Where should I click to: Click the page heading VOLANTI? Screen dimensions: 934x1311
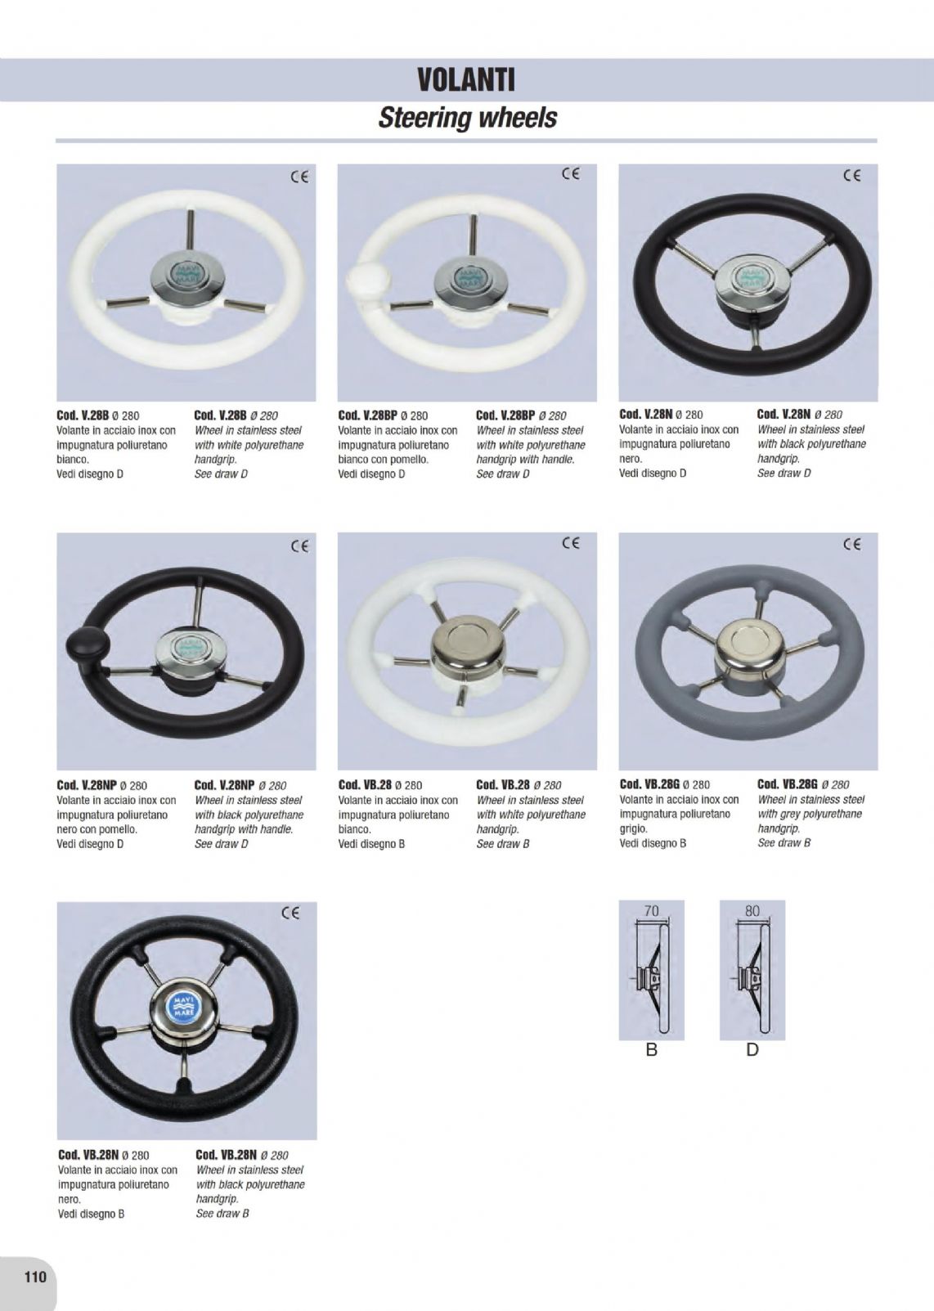point(466,80)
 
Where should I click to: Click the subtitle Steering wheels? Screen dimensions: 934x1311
point(467,117)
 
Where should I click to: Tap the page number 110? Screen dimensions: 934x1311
point(34,1277)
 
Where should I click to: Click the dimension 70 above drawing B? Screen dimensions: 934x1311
point(651,911)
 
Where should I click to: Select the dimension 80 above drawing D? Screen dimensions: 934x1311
point(752,911)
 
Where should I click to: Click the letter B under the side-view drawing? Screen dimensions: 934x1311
point(651,1050)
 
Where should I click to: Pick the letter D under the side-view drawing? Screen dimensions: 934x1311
point(752,1050)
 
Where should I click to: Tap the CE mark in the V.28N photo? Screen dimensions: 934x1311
point(851,175)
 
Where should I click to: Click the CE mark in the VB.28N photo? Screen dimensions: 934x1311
point(291,913)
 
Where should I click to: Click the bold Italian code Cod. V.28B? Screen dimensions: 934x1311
point(83,415)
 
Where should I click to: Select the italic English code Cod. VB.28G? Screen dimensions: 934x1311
point(787,783)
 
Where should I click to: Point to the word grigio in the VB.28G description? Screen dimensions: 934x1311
point(633,828)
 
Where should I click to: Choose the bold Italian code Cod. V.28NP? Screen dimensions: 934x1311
point(87,785)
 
